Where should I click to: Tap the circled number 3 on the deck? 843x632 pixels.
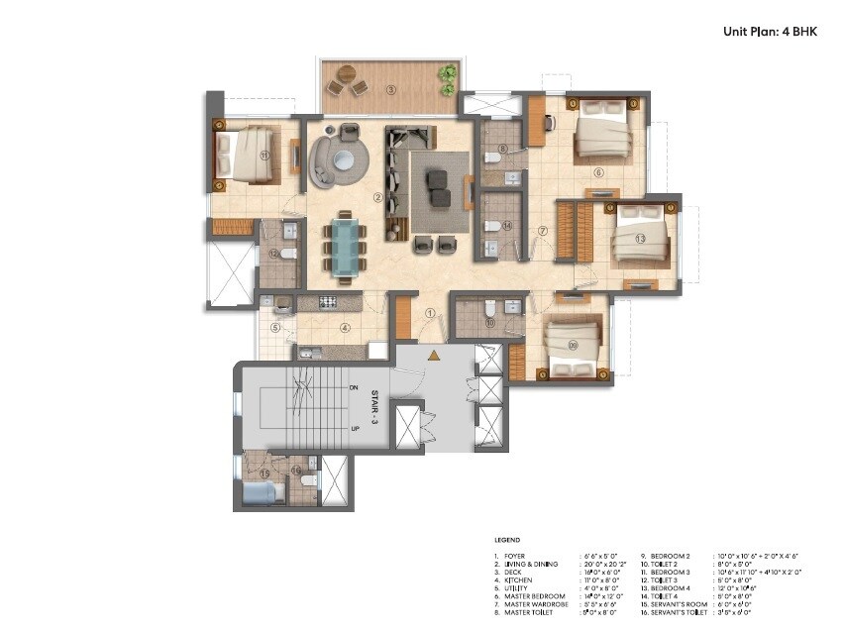(391, 90)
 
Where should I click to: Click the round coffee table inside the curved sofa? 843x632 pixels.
(344, 159)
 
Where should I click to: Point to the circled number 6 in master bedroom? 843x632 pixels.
(597, 171)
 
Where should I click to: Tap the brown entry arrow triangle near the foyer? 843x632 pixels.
(433, 354)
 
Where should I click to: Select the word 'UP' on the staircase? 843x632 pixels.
(354, 429)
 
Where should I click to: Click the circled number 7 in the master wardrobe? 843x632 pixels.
(542, 231)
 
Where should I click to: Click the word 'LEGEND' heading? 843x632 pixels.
(506, 539)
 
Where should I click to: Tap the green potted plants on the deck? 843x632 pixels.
(448, 74)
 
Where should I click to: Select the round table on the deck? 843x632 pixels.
(346, 74)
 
